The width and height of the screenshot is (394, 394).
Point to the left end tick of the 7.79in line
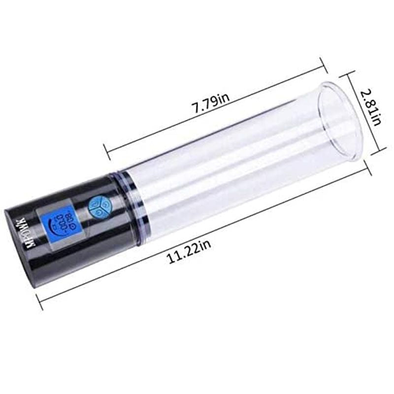105,148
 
